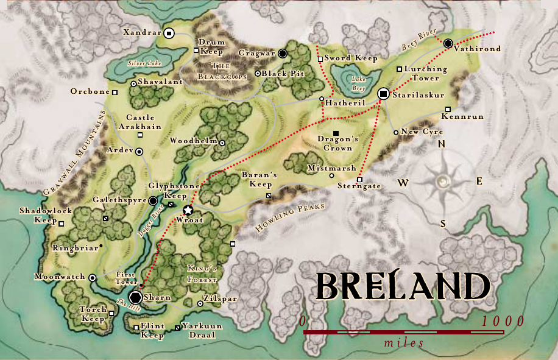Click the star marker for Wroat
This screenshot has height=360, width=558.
coord(188,210)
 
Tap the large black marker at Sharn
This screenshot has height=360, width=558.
coord(136,297)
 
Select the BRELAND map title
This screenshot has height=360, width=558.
coord(403,286)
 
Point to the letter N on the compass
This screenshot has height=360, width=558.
coord(443,144)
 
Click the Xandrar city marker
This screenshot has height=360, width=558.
coord(169,34)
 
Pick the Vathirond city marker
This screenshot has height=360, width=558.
coord(448,43)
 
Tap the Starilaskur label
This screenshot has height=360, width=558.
coord(419,96)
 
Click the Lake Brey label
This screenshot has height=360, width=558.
coord(358,83)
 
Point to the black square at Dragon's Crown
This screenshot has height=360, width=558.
coord(336,133)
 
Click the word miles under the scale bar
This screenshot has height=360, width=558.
coord(404,343)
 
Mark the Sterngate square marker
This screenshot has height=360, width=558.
coord(359,180)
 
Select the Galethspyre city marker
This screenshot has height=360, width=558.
coord(153,200)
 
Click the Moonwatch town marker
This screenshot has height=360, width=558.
coord(92,278)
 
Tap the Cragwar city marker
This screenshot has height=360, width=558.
coord(283,54)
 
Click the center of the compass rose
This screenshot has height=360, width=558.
coord(443,181)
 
